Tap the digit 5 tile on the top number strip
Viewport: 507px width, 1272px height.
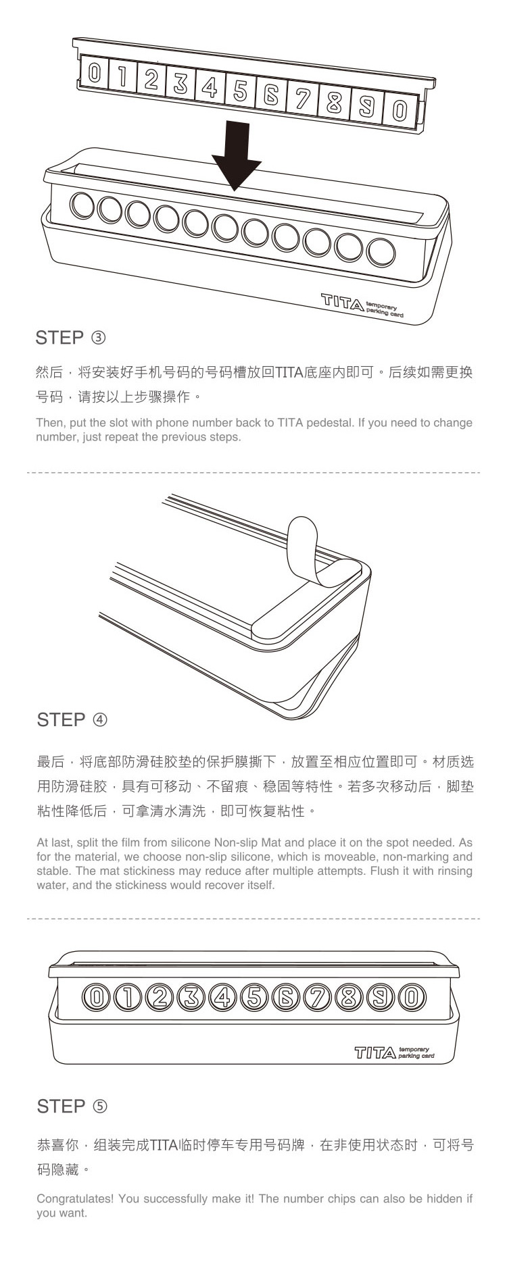(x=240, y=92)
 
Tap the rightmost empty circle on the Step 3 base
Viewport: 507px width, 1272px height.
(x=380, y=253)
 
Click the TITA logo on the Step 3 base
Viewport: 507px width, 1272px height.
(x=342, y=301)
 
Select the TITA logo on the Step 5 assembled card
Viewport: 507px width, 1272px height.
(x=375, y=1052)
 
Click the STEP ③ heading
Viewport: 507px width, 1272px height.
(x=71, y=337)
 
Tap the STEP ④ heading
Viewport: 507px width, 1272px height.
(x=72, y=719)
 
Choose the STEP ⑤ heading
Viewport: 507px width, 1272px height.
(x=72, y=1106)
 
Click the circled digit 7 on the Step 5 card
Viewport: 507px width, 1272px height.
(x=317, y=997)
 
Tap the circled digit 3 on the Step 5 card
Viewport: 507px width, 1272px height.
(x=191, y=997)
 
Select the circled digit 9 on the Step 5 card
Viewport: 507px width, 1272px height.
(x=380, y=997)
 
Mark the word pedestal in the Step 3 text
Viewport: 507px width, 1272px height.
(x=331, y=423)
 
